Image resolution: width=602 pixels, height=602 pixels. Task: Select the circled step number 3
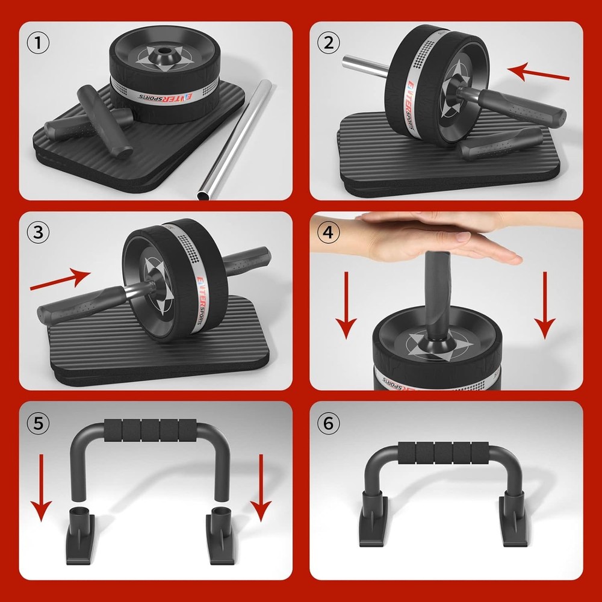click(x=38, y=232)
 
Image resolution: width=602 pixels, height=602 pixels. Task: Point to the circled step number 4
click(x=328, y=233)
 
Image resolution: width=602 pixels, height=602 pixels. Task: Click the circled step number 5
click(x=38, y=423)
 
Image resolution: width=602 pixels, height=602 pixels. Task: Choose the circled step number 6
click(x=328, y=423)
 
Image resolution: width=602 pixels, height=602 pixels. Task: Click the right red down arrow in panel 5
click(x=261, y=488)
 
